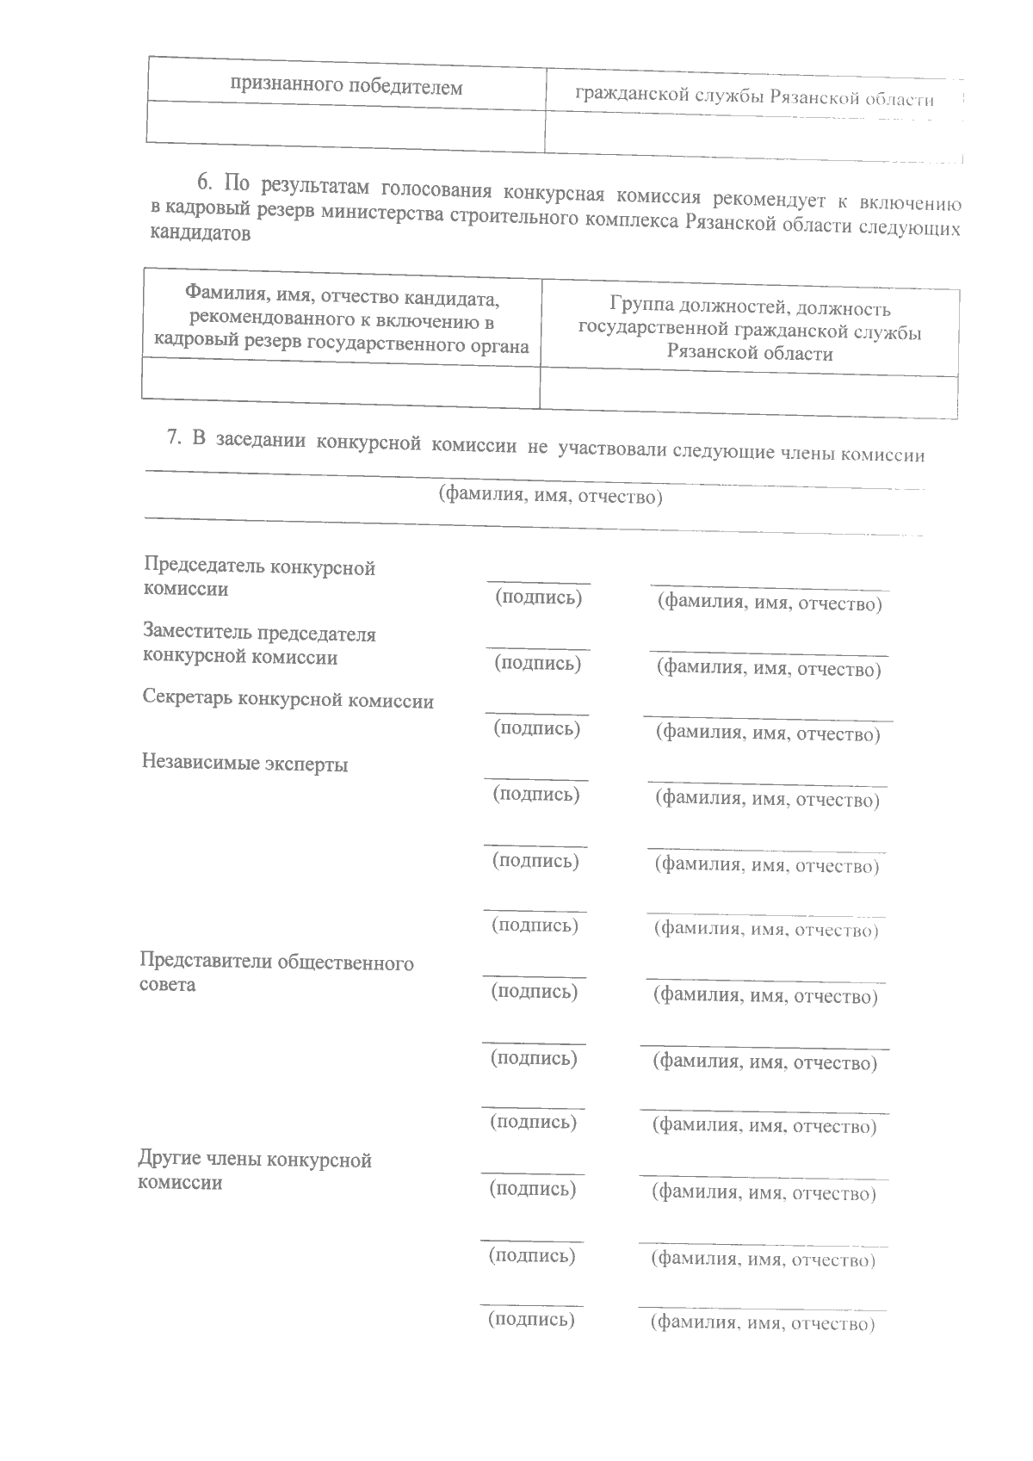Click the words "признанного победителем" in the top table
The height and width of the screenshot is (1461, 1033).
(x=346, y=87)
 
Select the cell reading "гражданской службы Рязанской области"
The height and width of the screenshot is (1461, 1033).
(x=755, y=97)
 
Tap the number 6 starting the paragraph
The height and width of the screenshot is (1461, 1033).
(x=204, y=182)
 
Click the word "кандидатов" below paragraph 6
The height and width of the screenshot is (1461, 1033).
(x=201, y=234)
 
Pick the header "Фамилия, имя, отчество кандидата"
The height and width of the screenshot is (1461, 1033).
(x=343, y=299)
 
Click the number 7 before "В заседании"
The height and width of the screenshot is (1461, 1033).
(x=172, y=438)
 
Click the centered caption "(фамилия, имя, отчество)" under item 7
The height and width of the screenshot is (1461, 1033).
(x=551, y=496)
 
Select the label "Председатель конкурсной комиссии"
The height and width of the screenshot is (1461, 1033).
(x=259, y=579)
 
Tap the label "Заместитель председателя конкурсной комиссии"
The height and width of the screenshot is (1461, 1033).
(x=259, y=645)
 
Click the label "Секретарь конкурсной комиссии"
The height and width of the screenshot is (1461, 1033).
(x=288, y=700)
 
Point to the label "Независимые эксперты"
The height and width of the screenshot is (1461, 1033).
(x=245, y=764)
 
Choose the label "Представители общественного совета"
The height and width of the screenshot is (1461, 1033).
(x=275, y=973)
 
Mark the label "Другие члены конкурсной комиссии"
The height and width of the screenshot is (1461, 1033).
(x=255, y=1171)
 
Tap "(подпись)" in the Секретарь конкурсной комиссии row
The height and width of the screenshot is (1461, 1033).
(x=536, y=728)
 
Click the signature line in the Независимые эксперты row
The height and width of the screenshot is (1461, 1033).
(x=535, y=779)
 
